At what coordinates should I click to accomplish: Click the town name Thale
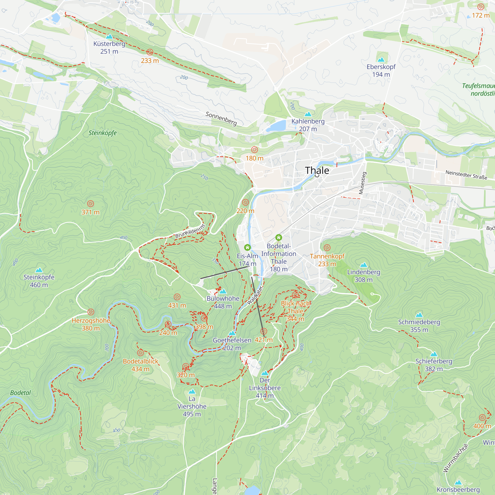pyautogui.click(x=317, y=170)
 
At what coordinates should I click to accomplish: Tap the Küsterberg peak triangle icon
pyautogui.click(x=109, y=36)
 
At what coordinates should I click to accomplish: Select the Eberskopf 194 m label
pyautogui.click(x=381, y=71)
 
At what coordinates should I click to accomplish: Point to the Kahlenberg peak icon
pyautogui.click(x=308, y=114)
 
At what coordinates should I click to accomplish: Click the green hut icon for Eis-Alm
pyautogui.click(x=247, y=247)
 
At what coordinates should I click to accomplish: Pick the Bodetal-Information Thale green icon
pyautogui.click(x=279, y=238)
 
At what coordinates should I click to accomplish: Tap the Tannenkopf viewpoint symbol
pyautogui.click(x=327, y=248)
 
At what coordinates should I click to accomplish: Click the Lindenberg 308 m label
pyautogui.click(x=363, y=276)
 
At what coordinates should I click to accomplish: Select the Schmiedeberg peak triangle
pyautogui.click(x=419, y=315)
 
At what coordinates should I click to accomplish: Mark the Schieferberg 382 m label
pyautogui.click(x=434, y=365)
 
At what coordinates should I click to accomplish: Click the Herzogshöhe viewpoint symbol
pyautogui.click(x=91, y=312)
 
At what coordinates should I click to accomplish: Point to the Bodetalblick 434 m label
pyautogui.click(x=140, y=365)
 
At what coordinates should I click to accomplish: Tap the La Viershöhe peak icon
pyautogui.click(x=192, y=392)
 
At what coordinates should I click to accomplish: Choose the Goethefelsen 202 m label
pyautogui.click(x=232, y=344)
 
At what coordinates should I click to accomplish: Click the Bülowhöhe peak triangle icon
pyautogui.click(x=223, y=291)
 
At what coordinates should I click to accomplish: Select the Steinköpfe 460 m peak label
pyautogui.click(x=39, y=281)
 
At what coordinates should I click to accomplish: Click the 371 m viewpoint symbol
pyautogui.click(x=90, y=204)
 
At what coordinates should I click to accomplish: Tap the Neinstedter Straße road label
pyautogui.click(x=466, y=175)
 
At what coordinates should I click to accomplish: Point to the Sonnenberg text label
pyautogui.click(x=221, y=118)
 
